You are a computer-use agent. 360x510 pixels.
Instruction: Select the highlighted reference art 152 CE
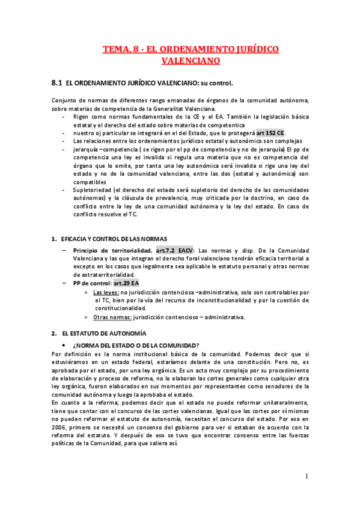(270, 132)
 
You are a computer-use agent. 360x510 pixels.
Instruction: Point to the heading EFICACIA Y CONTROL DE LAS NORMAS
(112, 239)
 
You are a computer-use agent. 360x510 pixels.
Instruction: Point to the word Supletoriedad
(93, 190)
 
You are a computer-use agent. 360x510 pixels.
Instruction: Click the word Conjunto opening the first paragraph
(64, 100)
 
